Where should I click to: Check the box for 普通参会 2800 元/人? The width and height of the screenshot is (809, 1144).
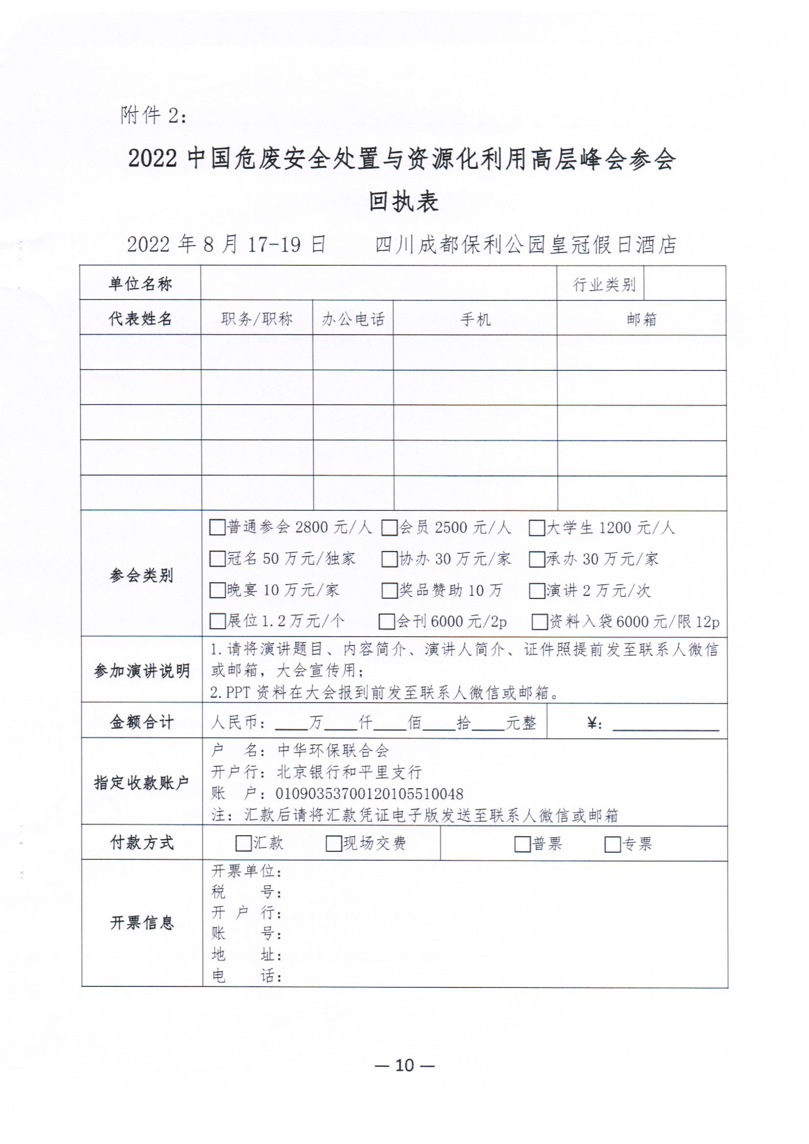tap(217, 527)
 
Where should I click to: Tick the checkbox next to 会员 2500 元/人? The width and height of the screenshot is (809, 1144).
tap(389, 527)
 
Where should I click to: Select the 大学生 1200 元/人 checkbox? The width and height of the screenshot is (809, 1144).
tap(536, 527)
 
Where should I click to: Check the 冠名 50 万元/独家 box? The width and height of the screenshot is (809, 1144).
tap(217, 559)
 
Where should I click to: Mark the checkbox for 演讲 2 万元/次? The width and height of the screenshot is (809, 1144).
tap(536, 591)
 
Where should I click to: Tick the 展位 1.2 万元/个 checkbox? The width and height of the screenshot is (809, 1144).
tap(217, 621)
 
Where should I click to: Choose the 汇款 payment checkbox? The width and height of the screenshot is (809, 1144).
tap(243, 844)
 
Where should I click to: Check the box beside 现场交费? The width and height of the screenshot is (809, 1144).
tap(333, 844)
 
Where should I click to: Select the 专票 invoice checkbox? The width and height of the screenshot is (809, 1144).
tap(612, 845)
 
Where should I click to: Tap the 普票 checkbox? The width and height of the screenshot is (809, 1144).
tap(522, 845)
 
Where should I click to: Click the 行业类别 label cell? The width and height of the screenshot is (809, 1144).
tap(604, 284)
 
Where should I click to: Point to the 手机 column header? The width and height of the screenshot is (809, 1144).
tap(475, 319)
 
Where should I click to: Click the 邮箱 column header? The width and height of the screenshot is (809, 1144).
tap(642, 319)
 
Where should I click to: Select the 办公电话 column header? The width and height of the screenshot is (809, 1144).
tap(353, 319)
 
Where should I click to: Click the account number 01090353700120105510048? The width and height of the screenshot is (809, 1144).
tap(370, 794)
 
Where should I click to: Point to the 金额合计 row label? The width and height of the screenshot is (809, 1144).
tap(141, 722)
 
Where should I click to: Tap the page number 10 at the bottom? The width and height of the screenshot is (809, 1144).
tap(404, 1065)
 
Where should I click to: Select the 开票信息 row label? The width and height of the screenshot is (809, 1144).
tap(141, 923)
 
